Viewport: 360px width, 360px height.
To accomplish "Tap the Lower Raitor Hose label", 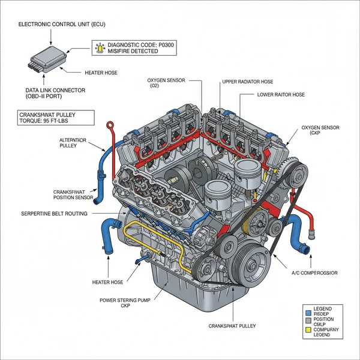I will pos(281,95).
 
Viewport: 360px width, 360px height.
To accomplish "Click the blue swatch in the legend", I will pos(308,313).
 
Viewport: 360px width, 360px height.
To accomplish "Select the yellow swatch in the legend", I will pos(308,329).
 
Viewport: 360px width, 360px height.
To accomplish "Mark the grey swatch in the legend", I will pos(308,321).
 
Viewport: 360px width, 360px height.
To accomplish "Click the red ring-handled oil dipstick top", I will pos(110,125).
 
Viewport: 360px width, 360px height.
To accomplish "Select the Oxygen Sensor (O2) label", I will pos(166,82).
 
